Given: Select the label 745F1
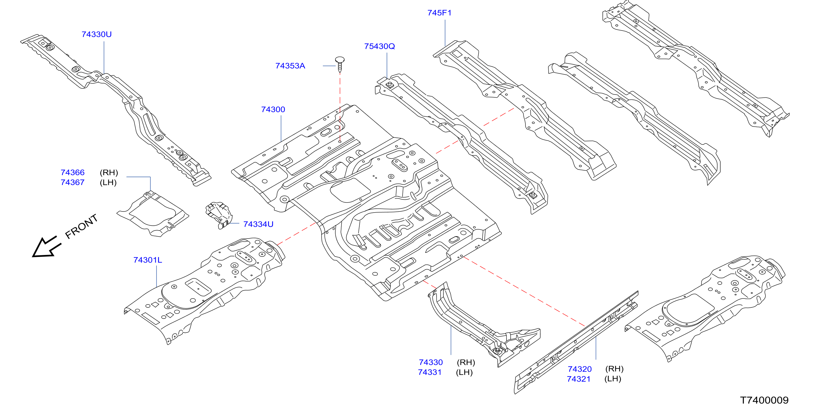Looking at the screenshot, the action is click(x=439, y=13).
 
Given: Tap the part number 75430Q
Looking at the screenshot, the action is click(x=379, y=46).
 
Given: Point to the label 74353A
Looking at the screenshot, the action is click(x=290, y=66).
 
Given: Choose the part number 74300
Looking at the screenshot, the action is click(x=273, y=109).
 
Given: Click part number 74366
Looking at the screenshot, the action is click(x=73, y=172).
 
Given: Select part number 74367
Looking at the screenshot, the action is click(x=73, y=182).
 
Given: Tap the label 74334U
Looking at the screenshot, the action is click(x=258, y=224).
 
